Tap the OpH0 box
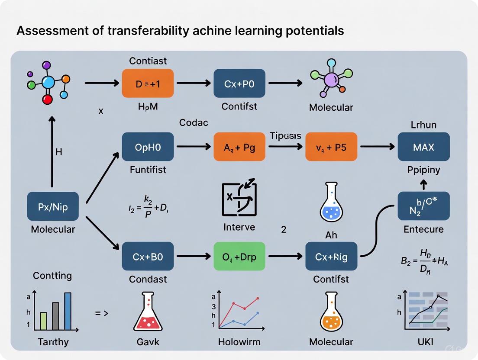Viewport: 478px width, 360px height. coord(148,147)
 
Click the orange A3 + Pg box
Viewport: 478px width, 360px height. coord(239,147)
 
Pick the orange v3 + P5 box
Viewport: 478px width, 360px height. coord(331,147)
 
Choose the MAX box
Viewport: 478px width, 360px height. coord(423,147)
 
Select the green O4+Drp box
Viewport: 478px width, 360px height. coord(239,256)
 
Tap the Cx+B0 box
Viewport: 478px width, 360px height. coord(148,256)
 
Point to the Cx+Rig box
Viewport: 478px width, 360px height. coord(331,256)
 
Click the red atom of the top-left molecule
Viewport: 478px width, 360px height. coord(48,100)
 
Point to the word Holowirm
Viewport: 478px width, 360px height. coord(239,342)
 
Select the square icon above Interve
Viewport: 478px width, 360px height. coord(239,199)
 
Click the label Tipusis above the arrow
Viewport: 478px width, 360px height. coord(285,136)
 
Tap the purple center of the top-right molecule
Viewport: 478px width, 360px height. coord(331,80)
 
